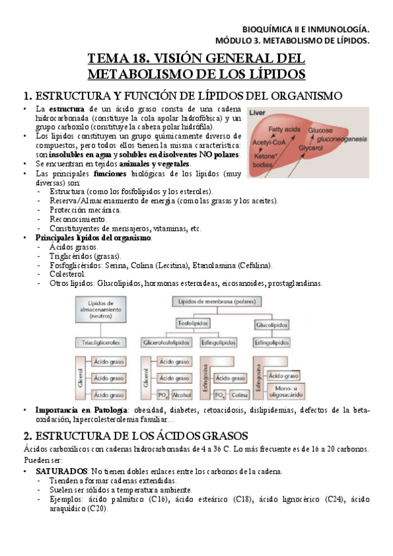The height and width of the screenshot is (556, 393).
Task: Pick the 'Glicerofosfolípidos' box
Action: click(x=166, y=342)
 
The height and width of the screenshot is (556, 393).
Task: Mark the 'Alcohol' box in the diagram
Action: click(x=181, y=395)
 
